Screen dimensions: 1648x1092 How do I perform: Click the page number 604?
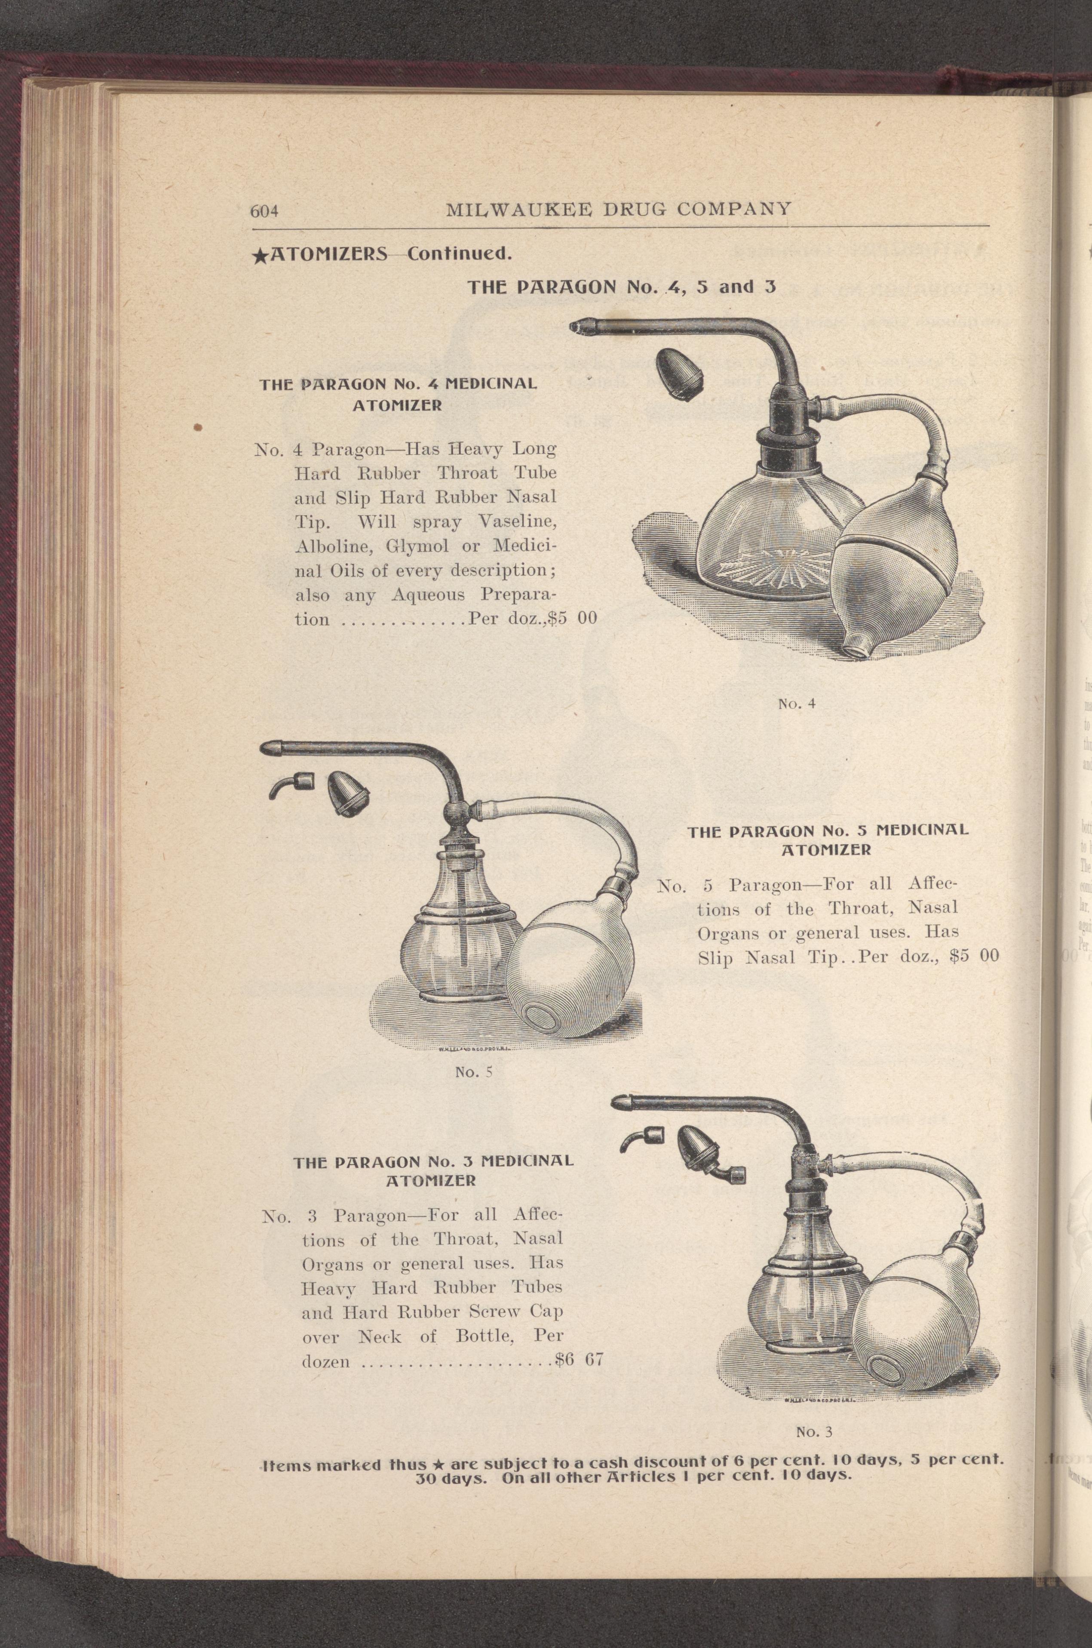(264, 211)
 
